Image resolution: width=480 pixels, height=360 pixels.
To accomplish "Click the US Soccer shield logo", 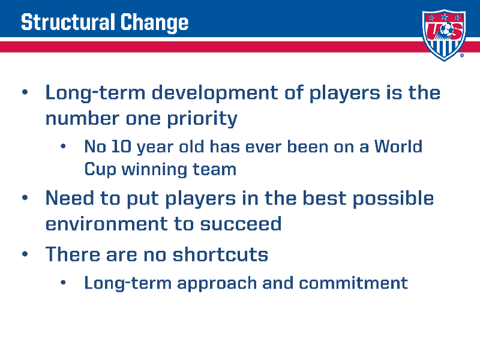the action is pyautogui.click(x=444, y=35).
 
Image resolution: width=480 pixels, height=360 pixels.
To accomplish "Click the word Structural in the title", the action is pyautogui.click(x=66, y=22).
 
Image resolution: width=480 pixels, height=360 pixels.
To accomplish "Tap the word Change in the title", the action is pyautogui.click(x=154, y=23).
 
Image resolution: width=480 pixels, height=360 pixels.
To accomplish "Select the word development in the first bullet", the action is pyautogui.click(x=215, y=93).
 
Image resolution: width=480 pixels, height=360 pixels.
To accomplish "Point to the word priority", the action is pyautogui.click(x=202, y=118).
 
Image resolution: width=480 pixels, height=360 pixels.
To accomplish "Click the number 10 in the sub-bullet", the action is pyautogui.click(x=121, y=146).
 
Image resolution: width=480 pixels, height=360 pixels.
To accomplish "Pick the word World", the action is pyautogui.click(x=398, y=146).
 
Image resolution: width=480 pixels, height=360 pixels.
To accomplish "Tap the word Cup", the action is pyautogui.click(x=100, y=169).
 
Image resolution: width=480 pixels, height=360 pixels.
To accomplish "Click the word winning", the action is pyautogui.click(x=154, y=169).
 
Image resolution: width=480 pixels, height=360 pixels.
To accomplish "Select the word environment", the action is pyautogui.click(x=107, y=224).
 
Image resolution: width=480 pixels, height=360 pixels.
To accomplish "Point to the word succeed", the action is pyautogui.click(x=241, y=224).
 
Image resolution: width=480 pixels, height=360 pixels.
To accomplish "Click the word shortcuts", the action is pyautogui.click(x=220, y=254).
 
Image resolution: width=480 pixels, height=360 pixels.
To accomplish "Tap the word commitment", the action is pyautogui.click(x=353, y=283).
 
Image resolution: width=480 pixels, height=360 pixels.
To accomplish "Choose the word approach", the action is pyautogui.click(x=217, y=283).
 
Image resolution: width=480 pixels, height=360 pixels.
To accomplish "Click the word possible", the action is pyautogui.click(x=394, y=199).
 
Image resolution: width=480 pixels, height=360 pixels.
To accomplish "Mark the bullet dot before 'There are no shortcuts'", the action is pyautogui.click(x=25, y=254).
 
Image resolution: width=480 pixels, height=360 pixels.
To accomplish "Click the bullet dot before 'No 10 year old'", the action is pyautogui.click(x=63, y=146).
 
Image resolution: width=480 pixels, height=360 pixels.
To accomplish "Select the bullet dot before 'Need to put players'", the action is pyautogui.click(x=25, y=198).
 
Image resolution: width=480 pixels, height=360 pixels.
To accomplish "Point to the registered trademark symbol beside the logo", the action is pyautogui.click(x=462, y=55).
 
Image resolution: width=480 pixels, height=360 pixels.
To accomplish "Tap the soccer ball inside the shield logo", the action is pyautogui.click(x=446, y=30).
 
